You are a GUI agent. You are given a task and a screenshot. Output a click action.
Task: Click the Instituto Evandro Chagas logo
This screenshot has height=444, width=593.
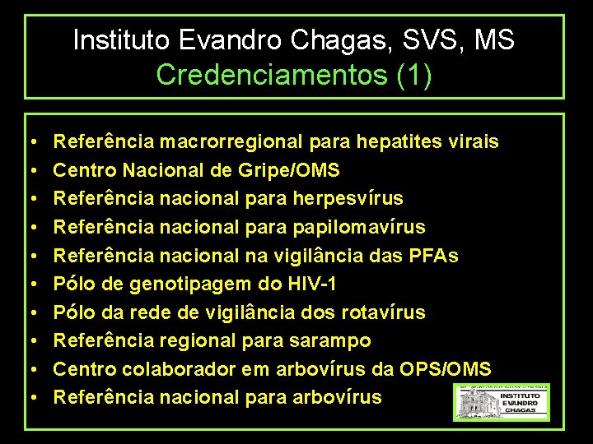501,402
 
